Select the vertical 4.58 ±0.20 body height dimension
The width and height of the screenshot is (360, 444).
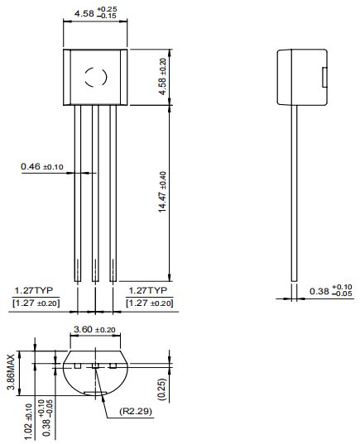162,74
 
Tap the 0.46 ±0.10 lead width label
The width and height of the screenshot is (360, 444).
42,167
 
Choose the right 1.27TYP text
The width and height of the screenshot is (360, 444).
150,291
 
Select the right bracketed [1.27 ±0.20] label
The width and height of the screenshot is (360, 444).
150,303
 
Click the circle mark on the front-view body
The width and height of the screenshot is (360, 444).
94,78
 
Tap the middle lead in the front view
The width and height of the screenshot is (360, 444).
94,194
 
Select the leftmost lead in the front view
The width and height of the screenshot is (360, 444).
78,194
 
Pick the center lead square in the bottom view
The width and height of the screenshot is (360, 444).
94,365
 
